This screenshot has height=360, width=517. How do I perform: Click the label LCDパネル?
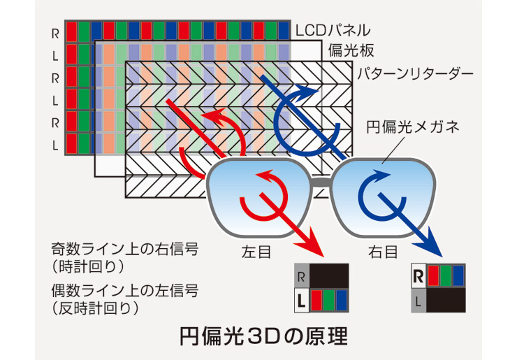pyautogui.click(x=333, y=31)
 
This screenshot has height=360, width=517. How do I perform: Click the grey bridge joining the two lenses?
pyautogui.click(x=322, y=183)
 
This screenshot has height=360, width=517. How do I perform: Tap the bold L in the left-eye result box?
pyautogui.click(x=300, y=301)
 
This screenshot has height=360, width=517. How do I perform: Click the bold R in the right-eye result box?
pyautogui.click(x=418, y=276)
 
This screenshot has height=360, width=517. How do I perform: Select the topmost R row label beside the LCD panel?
pyautogui.click(x=55, y=32)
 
